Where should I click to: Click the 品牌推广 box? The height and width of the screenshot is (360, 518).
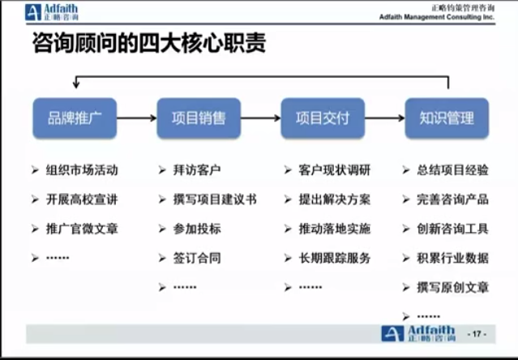(x=75, y=118)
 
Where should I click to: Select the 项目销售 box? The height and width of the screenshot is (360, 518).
(x=199, y=118)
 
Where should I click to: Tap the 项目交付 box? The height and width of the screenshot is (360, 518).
(x=323, y=118)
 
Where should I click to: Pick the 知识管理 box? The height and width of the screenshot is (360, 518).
(x=447, y=118)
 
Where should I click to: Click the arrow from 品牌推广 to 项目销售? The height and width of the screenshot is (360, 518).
(x=137, y=118)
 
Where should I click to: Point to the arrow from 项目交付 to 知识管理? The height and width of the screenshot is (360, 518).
(x=385, y=118)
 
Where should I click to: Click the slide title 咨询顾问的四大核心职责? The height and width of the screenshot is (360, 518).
(x=149, y=43)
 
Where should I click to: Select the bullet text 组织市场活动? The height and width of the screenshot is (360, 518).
(x=82, y=170)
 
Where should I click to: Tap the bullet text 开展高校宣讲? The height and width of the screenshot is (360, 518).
(x=82, y=199)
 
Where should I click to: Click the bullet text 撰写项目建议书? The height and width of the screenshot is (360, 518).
(x=215, y=199)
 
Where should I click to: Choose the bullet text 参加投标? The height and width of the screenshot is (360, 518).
(x=197, y=229)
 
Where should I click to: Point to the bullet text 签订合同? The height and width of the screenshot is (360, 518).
(x=197, y=258)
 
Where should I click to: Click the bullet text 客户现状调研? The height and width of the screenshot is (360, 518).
(x=335, y=170)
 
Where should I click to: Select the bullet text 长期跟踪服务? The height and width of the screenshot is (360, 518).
(x=335, y=258)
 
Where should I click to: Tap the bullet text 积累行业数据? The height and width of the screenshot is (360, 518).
(x=452, y=258)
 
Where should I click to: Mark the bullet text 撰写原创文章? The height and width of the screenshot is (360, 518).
(x=452, y=287)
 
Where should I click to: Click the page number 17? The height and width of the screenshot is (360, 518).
(x=477, y=334)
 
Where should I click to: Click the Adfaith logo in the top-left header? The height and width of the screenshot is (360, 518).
(x=52, y=12)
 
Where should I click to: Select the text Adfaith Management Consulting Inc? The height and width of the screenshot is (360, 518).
(x=437, y=17)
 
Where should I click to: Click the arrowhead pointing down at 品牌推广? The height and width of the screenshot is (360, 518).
(x=76, y=85)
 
